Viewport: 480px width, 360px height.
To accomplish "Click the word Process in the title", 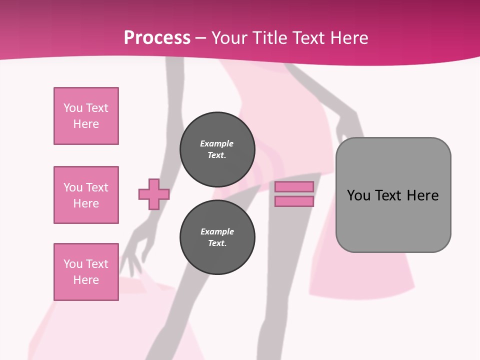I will [157, 38].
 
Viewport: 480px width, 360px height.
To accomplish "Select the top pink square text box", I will [86, 116].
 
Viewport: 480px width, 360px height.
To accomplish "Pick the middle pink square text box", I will [86, 195].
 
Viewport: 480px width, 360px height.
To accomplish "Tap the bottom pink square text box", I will [86, 272].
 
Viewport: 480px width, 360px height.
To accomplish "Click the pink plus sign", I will [154, 194].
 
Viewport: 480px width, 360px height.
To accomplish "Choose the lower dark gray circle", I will [217, 237].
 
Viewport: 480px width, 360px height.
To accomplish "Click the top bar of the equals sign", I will [294, 186].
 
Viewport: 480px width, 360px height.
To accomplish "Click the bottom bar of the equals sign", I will [294, 201].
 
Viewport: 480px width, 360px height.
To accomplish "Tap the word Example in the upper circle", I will [217, 143].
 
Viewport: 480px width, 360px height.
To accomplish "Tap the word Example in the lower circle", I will [217, 231].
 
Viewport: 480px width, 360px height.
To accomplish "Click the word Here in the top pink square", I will [86, 124].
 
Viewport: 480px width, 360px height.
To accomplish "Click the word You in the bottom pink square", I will [73, 264].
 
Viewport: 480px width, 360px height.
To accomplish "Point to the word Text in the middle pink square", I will [96, 187].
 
